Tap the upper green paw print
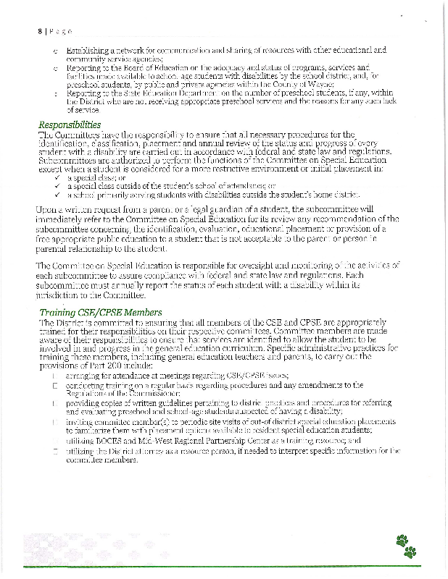pos(402,540)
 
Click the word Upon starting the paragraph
pos(49,208)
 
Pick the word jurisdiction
pos(62,295)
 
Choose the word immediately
pos(67,219)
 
